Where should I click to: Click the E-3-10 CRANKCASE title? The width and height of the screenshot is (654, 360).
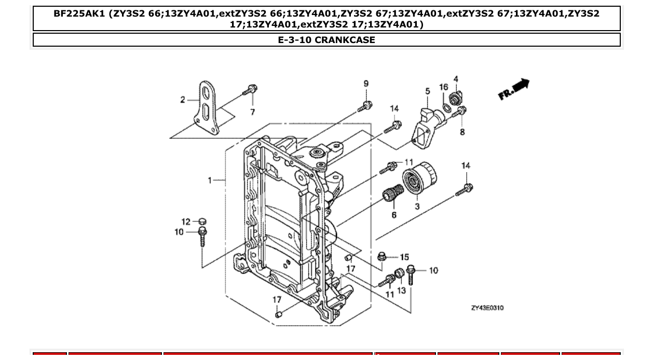point(326,40)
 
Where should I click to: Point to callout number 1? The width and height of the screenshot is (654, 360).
point(210,180)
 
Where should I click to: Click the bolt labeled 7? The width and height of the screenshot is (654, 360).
point(250,91)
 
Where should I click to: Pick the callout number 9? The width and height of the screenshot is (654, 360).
point(366,84)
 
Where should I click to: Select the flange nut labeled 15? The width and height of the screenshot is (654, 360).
point(382,256)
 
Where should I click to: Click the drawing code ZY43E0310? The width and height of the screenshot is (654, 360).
point(487,308)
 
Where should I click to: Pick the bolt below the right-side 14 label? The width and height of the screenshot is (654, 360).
point(464,190)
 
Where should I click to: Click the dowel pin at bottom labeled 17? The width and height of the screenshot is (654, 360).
point(279,314)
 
